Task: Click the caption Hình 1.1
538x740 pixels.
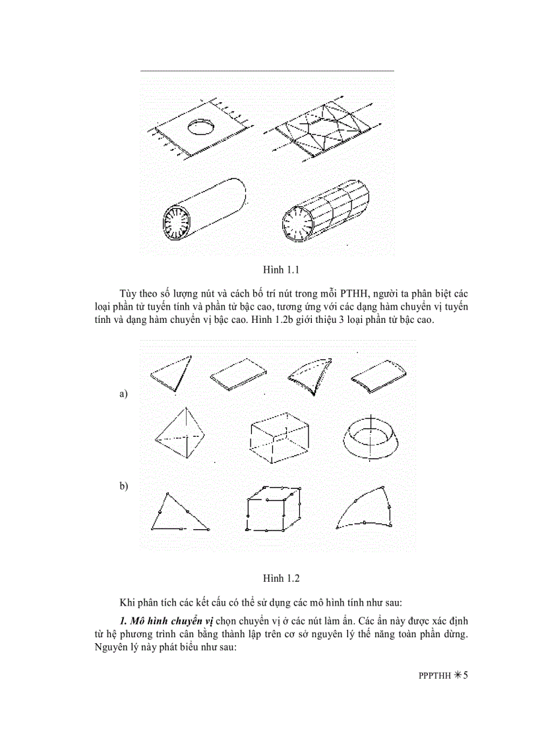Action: pyautogui.click(x=282, y=270)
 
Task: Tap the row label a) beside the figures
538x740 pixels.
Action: pyautogui.click(x=123, y=394)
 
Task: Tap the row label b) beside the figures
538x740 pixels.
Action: pyautogui.click(x=123, y=486)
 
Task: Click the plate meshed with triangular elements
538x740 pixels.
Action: pyautogui.click(x=323, y=130)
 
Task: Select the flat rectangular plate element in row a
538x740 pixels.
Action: pyautogui.click(x=239, y=374)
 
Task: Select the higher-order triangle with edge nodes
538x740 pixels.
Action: pyautogui.click(x=177, y=513)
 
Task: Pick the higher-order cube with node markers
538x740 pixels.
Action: pyautogui.click(x=274, y=509)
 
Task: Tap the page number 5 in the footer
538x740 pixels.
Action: pyautogui.click(x=464, y=675)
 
